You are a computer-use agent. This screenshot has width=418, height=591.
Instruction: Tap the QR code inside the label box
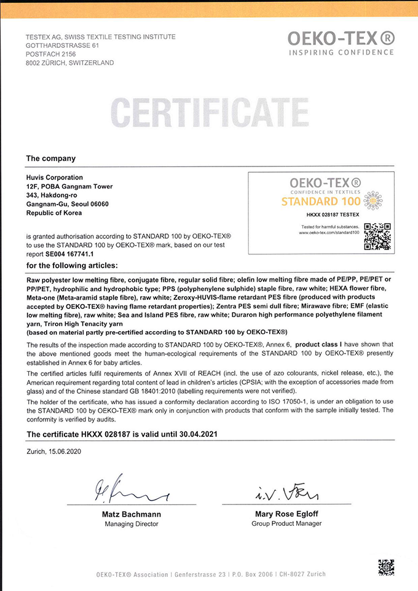[377, 236]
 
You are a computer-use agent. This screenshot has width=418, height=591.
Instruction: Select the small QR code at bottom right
[385, 566]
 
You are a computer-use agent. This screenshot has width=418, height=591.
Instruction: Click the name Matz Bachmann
[132, 514]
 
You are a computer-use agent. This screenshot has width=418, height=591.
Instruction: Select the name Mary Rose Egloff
[286, 514]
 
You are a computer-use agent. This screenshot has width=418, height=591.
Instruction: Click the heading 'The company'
[50, 159]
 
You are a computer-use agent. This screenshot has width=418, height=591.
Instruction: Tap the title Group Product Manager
[286, 523]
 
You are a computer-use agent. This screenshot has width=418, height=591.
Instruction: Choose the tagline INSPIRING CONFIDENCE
[341, 52]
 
